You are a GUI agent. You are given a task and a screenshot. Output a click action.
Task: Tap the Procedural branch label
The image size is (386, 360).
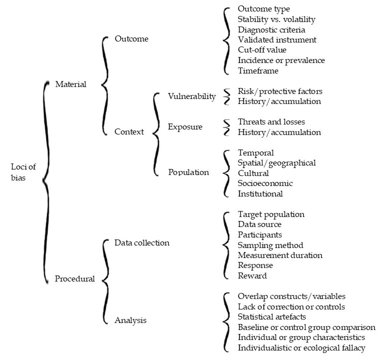click(74, 279)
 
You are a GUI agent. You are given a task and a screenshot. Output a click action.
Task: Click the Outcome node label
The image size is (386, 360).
click(131, 38)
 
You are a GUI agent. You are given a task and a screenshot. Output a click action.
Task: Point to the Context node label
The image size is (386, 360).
click(129, 132)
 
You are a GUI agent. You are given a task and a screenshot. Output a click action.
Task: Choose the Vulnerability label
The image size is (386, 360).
click(192, 96)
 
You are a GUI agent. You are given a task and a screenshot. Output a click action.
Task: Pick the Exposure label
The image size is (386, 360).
click(185, 126)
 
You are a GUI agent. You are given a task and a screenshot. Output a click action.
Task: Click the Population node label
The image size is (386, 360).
click(188, 172)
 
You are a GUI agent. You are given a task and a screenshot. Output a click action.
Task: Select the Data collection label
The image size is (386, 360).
click(142, 243)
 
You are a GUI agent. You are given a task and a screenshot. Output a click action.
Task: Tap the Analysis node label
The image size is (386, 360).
click(131, 319)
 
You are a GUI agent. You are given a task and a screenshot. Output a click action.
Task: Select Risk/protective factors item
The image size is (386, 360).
click(280, 91)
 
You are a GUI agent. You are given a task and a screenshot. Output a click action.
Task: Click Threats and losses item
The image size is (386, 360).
click(271, 122)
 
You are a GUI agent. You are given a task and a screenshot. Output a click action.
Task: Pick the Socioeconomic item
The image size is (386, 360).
click(265, 183)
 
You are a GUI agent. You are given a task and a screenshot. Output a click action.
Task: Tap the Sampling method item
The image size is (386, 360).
click(270, 245)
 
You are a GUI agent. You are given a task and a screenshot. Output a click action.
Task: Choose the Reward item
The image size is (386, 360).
click(252, 276)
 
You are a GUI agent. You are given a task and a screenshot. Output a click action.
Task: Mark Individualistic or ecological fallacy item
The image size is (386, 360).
click(301, 347)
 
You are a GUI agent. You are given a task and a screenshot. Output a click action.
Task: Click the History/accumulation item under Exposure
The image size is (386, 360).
click(279, 132)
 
